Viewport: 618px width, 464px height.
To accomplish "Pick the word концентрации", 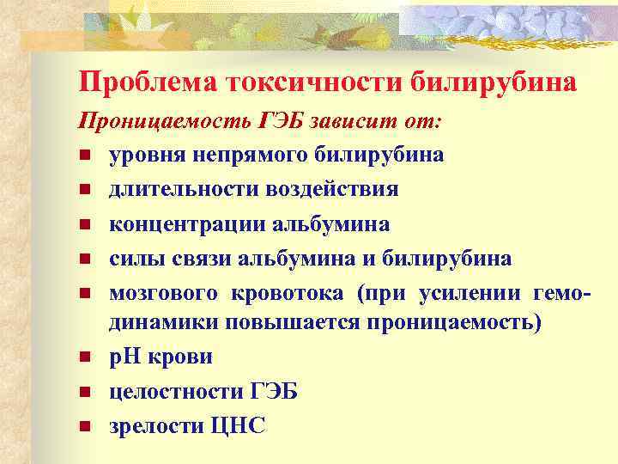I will [187, 224].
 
